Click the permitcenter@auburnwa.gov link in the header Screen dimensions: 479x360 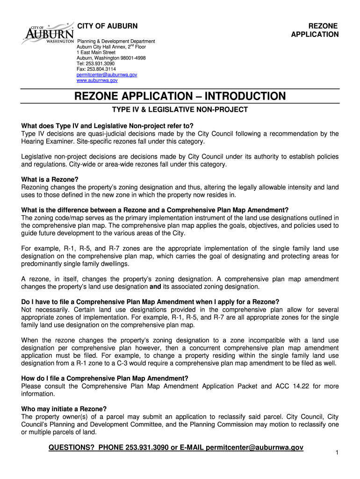107,75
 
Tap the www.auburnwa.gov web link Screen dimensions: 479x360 97,80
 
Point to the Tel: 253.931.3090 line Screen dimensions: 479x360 95,64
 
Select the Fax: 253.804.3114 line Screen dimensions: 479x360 96,69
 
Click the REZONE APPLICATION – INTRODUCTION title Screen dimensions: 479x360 180,96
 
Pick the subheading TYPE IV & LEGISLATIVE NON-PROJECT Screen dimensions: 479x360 180,110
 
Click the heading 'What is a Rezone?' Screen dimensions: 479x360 50,180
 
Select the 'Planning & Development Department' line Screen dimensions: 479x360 115,41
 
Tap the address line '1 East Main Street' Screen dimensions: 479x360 96,52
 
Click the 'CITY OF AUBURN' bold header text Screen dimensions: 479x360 107,25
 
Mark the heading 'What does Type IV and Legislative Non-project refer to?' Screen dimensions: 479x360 107,126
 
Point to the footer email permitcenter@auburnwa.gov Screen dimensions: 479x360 254,448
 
